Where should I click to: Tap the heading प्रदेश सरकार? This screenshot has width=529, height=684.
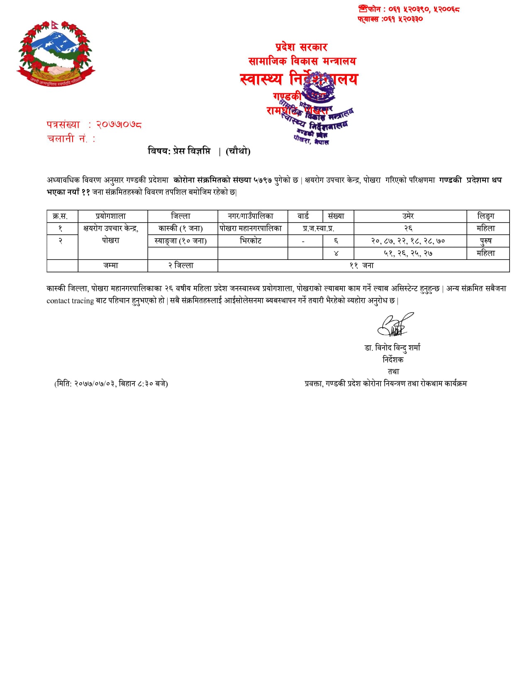tap(301, 47)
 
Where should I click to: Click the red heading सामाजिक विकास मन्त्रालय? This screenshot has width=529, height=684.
tap(302, 61)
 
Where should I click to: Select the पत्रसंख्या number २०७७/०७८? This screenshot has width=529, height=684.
tap(119, 124)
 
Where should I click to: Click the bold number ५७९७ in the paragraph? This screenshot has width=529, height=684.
tap(263, 180)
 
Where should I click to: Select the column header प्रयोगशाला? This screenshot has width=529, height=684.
tap(111, 216)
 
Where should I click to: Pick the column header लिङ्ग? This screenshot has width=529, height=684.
tap(486, 216)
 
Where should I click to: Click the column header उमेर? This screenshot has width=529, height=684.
tap(408, 216)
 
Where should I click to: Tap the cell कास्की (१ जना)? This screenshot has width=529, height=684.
tap(180, 228)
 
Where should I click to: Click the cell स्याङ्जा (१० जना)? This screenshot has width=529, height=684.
tap(180, 241)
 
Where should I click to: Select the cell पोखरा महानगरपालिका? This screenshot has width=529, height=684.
tap(251, 228)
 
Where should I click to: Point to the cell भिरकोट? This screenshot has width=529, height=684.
tap(251, 241)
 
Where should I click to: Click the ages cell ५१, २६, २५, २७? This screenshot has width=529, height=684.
tap(408, 253)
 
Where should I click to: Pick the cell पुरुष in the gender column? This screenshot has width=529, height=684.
tap(486, 241)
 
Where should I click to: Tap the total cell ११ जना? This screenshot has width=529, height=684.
tap(362, 266)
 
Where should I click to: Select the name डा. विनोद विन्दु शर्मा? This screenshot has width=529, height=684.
tap(392, 347)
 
